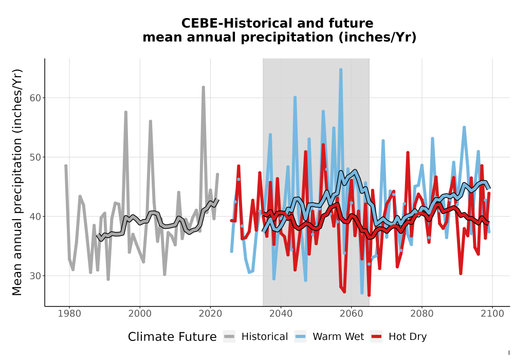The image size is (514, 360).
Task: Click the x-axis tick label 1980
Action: coord(69,314)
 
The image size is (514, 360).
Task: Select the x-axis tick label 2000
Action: coord(140,314)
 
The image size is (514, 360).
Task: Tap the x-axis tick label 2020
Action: coord(210,314)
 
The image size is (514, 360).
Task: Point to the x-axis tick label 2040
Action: coord(281,314)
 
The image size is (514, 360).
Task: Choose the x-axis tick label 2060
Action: coord(352,314)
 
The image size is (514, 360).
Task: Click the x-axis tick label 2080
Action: coord(422,314)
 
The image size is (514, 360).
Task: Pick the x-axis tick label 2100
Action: coord(492,314)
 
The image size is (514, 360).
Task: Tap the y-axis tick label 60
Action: coord(35,98)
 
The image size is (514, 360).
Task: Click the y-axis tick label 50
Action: coord(35,157)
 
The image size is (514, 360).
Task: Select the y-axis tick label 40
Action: coord(35,217)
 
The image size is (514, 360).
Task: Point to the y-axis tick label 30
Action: coord(35,276)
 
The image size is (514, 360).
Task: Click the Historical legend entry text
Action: coord(265,337)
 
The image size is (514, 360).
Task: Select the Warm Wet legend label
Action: coord(338,337)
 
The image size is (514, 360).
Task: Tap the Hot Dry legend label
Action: coord(408,337)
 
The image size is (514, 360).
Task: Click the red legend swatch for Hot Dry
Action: coord(377,337)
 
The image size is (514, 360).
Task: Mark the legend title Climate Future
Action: coord(172,337)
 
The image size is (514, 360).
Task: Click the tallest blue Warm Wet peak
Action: coord(341,69)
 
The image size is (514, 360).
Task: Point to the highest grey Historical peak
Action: coord(203,87)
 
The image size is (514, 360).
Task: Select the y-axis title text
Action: coord(17,182)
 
